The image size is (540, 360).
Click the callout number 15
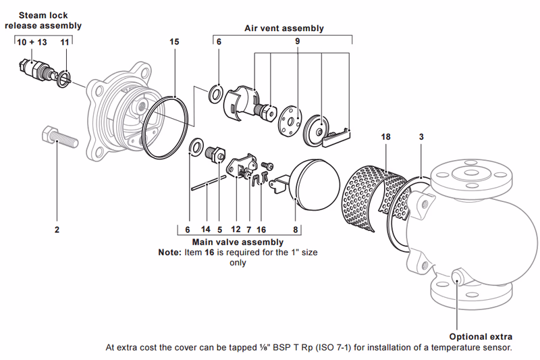pos(174,42)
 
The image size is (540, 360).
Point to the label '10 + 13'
pos(32,42)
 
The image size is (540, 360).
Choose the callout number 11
pos(64,42)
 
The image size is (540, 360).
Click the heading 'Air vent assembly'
pos(283,28)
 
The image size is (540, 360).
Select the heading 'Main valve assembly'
pos(238,241)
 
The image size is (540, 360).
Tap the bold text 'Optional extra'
pos(481,336)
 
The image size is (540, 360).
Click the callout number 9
pos(296,42)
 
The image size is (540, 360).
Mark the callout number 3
pos(421,136)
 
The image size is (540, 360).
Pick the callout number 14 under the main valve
pos(207,230)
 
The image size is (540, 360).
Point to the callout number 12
pos(236,230)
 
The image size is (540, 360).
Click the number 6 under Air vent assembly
pos(218,42)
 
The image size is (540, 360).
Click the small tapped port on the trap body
pos(458,277)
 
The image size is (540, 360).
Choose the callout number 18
pos(385,136)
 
